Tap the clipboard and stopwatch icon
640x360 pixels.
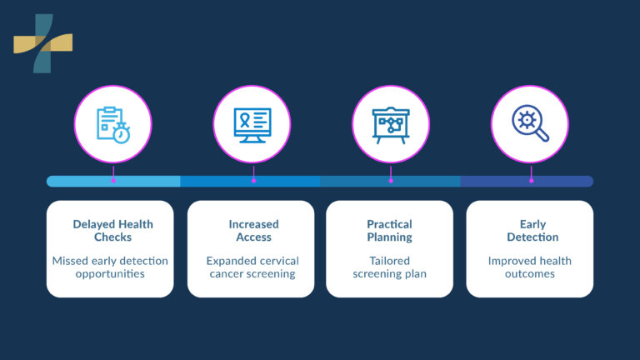[x=113, y=124]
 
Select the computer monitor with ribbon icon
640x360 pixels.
[x=253, y=124]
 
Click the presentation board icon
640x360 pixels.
[x=391, y=124]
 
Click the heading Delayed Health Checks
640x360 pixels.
[x=112, y=231]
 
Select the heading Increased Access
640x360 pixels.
[x=253, y=231]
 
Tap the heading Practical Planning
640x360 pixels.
[x=390, y=231]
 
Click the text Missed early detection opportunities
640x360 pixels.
[x=110, y=267]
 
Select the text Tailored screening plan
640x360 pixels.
[x=389, y=267]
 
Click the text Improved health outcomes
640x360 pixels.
[x=530, y=267]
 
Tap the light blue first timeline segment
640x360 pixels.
[x=83, y=181]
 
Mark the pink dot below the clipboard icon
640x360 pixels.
[x=113, y=180]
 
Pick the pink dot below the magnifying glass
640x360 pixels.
[x=531, y=180]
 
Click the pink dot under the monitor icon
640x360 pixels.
[x=253, y=180]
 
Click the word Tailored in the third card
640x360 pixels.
[x=390, y=261]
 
